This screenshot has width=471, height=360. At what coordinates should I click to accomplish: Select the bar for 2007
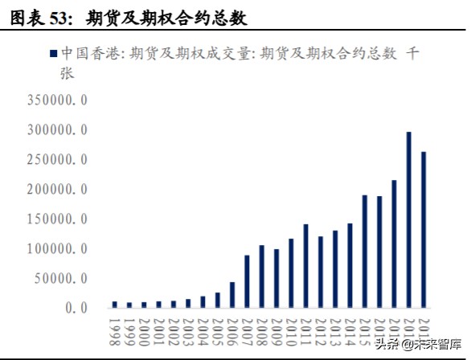pos(247,281)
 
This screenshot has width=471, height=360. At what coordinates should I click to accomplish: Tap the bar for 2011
pos(305,266)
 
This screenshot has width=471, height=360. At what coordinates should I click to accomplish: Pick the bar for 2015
pos(364,251)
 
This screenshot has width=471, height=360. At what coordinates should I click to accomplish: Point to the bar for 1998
pos(115,305)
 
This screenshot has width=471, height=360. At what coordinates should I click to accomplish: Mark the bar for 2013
pos(335,269)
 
